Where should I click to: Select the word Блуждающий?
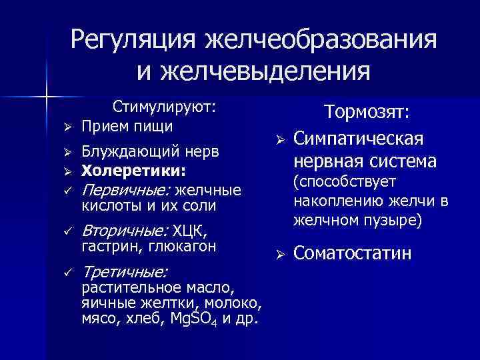point(121,153)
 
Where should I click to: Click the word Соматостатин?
point(353,253)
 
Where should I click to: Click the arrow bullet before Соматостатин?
point(281,254)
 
